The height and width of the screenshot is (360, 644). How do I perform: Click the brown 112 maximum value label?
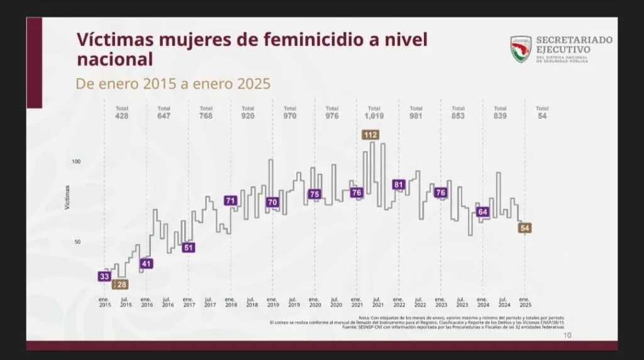pyautogui.click(x=370, y=134)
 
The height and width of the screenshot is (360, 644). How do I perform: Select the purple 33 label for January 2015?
pyautogui.click(x=105, y=276)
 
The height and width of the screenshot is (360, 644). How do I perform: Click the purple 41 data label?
pyautogui.click(x=147, y=263)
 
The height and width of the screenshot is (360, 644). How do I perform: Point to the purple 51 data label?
pyautogui.click(x=189, y=247)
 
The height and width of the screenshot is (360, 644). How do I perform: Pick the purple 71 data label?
pyautogui.click(x=231, y=201)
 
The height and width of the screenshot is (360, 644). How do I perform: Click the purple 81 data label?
pyautogui.click(x=399, y=184)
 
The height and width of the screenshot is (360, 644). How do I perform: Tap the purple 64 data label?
pyautogui.click(x=483, y=212)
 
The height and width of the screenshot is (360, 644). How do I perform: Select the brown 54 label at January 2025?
pyautogui.click(x=525, y=228)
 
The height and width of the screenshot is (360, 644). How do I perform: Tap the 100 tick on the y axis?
pyautogui.click(x=77, y=162)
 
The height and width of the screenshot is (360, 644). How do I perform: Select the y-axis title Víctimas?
pyautogui.click(x=67, y=198)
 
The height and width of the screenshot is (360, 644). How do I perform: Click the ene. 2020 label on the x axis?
pyautogui.click(x=314, y=301)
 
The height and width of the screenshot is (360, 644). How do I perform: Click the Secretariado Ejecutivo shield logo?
pyautogui.click(x=521, y=49)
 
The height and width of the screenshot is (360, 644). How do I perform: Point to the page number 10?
pyautogui.click(x=567, y=335)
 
